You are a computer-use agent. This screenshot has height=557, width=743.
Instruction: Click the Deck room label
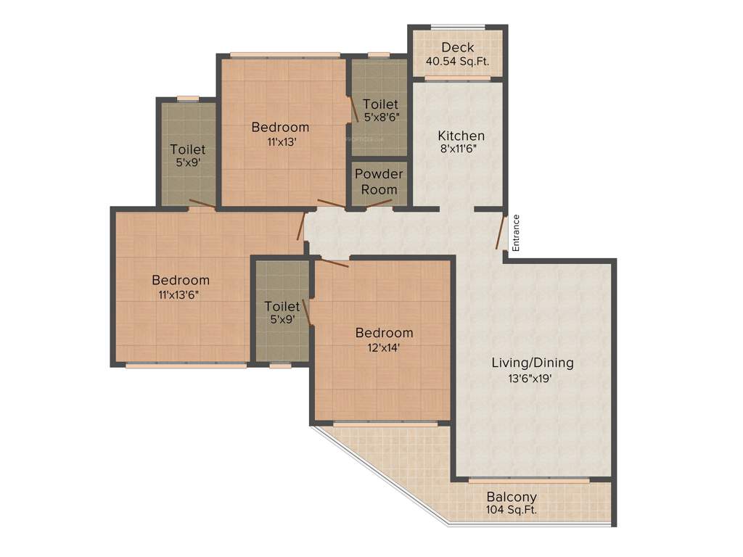[x=457, y=48]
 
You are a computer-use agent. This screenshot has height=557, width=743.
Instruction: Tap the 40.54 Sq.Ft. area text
[x=457, y=62]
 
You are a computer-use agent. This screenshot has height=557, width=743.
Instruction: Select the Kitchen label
[x=461, y=136]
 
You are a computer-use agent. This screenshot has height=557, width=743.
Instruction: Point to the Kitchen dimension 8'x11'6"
[x=461, y=149]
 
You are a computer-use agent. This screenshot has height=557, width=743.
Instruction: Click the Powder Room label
[x=379, y=181]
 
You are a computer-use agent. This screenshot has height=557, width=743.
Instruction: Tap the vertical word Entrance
[x=516, y=233]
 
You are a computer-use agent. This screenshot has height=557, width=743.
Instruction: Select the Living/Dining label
[x=533, y=363]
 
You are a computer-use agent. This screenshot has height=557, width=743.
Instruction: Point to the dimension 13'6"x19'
[x=533, y=377]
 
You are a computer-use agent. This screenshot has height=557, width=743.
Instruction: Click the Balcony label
[x=512, y=497]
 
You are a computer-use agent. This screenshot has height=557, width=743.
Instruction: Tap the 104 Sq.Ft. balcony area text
[x=512, y=510]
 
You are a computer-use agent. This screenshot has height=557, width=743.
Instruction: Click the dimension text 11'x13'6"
[x=178, y=294]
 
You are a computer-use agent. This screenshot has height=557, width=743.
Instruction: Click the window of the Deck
[x=457, y=28]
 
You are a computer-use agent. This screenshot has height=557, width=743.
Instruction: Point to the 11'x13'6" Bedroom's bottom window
[x=186, y=366]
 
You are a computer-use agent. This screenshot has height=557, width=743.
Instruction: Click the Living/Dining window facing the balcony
[x=528, y=480]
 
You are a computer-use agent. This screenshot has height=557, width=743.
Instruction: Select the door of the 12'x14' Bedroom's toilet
[x=308, y=313]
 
